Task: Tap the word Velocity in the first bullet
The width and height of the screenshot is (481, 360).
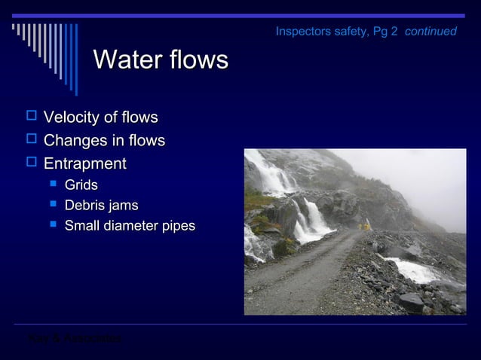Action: (71, 117)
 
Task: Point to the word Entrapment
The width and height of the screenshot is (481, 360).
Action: (84, 163)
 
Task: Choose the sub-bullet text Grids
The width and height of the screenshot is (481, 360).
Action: (81, 185)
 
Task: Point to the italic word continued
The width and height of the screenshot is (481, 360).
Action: (430, 32)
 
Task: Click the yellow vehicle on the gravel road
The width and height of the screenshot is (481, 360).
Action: (367, 224)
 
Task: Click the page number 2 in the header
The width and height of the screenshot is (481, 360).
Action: (394, 32)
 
